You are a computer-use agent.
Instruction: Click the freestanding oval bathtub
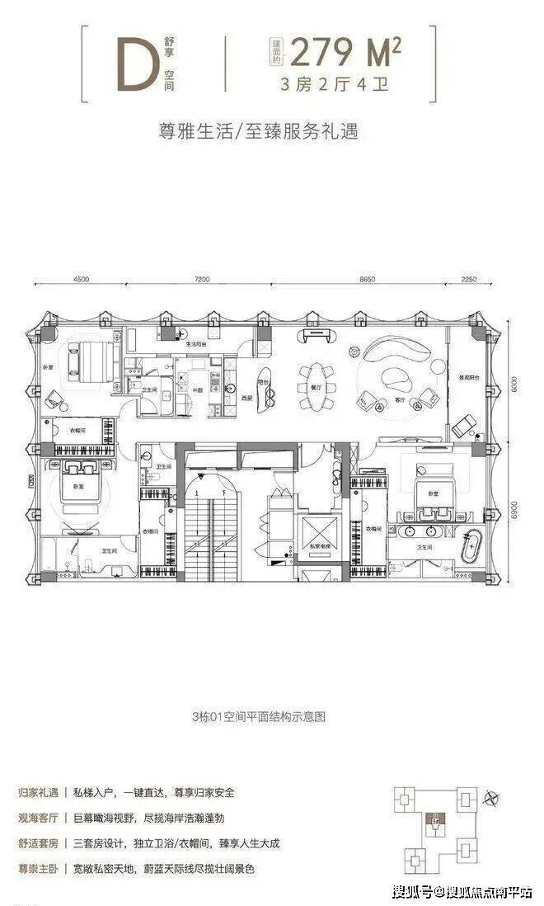click(x=475, y=547)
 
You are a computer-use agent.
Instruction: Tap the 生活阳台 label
click(x=195, y=342)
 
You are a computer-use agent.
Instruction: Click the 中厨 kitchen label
click(x=198, y=391)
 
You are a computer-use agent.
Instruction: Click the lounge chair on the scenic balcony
click(x=463, y=427)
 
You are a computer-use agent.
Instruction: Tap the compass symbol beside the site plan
click(x=493, y=797)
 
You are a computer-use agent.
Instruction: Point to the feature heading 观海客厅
click(x=35, y=816)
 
